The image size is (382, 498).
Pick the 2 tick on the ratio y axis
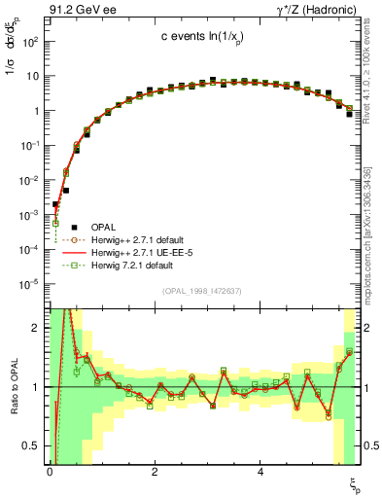pyautogui.click(x=35, y=328)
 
